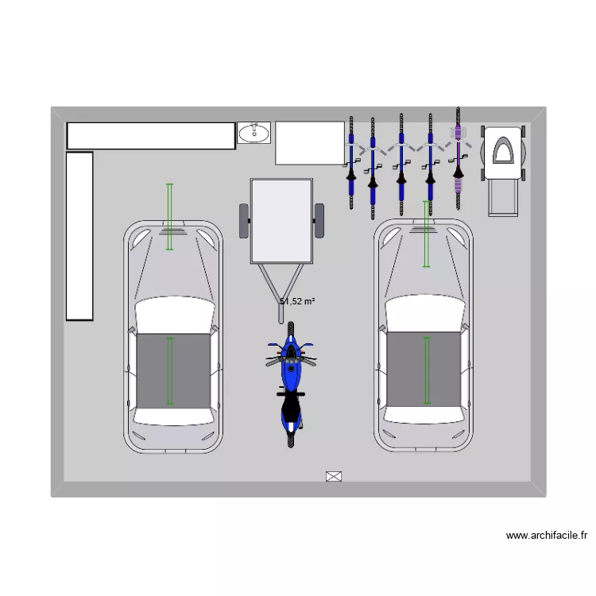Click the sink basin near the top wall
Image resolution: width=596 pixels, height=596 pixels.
tap(254, 133)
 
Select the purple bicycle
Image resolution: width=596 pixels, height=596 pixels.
tap(459, 158)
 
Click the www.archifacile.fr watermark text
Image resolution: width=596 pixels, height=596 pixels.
tap(546, 535)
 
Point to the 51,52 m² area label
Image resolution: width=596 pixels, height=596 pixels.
tap(297, 301)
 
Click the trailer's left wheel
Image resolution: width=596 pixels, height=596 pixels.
tap(244, 221)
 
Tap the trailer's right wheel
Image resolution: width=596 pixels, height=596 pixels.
tap(319, 221)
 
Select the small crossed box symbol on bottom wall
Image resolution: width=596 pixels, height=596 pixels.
tap(334, 476)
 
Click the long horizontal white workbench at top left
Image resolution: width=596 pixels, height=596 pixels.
tap(151, 136)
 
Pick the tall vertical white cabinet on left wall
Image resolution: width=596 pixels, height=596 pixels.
tap(79, 237)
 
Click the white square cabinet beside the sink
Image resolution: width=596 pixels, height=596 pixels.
tap(310, 143)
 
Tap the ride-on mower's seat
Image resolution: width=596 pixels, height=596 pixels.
tap(503, 150)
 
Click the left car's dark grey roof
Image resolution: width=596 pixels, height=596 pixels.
tap(173, 371)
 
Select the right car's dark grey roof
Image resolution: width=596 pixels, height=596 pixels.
tap(424, 370)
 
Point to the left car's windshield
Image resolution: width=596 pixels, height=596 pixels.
tap(175, 314)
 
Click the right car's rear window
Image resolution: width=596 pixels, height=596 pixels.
tap(424, 415)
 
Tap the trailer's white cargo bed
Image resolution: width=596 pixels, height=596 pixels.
tap(281, 221)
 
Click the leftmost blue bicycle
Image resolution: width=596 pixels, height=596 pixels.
tap(351, 163)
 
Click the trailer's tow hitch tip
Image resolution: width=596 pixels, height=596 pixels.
tap(281, 322)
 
